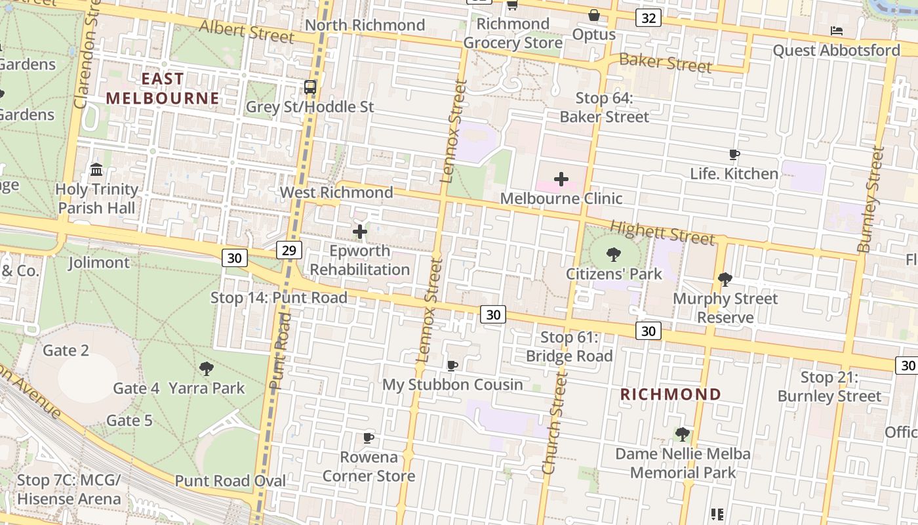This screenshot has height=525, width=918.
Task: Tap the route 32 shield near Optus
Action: [x=648, y=18]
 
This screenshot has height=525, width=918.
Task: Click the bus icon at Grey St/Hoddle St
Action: [x=310, y=87]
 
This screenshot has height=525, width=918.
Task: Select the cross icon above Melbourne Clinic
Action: [x=561, y=178]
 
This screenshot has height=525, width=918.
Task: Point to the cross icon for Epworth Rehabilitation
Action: [x=360, y=232]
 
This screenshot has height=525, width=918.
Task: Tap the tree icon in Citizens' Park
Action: [x=614, y=254]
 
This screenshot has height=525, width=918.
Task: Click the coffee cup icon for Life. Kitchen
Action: [x=734, y=155]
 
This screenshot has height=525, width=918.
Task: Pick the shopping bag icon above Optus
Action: [x=594, y=14]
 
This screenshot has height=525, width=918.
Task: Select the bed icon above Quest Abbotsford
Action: [x=836, y=30]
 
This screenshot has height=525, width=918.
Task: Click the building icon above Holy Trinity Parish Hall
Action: [x=97, y=170]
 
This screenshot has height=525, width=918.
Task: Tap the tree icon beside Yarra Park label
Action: [x=207, y=369]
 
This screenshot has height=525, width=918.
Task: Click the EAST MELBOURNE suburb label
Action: [x=163, y=89]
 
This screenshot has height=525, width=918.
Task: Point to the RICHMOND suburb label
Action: [x=671, y=394]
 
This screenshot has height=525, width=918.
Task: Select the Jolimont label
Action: [x=99, y=262]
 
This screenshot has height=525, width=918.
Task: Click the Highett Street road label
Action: [x=662, y=232]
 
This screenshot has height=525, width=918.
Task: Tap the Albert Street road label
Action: [x=247, y=31]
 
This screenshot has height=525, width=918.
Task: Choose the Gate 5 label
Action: [x=129, y=420]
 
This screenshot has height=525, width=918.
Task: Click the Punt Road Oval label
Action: [x=230, y=480]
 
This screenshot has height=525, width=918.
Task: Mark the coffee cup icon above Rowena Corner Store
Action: [x=369, y=438]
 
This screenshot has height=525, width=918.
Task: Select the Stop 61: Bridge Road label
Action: [x=569, y=346]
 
